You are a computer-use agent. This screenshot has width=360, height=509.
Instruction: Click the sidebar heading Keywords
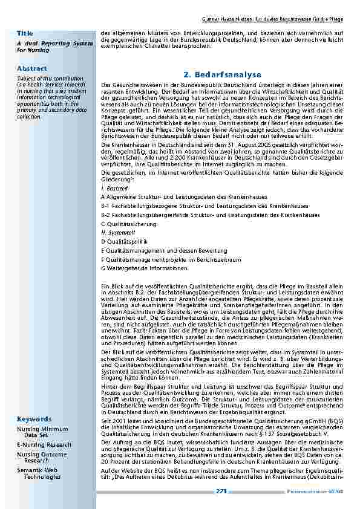(x=34, y=402)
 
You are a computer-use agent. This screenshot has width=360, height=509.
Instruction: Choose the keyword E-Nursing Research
(x=44, y=444)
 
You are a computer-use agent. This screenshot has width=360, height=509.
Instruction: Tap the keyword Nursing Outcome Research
(x=42, y=457)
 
